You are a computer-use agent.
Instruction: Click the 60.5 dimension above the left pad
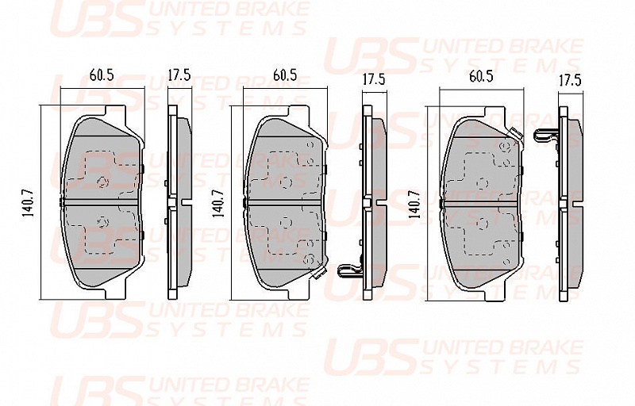(102, 75)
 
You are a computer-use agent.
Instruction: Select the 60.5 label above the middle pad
(285, 75)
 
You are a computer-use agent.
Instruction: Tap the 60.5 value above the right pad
(481, 77)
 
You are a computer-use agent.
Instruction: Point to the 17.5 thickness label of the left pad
(179, 75)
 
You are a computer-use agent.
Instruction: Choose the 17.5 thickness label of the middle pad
(373, 79)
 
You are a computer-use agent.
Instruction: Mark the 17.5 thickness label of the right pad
(570, 80)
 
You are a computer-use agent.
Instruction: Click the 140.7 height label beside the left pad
(29, 204)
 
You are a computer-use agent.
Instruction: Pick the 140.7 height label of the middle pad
(219, 204)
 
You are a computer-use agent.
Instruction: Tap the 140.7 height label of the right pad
(414, 204)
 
